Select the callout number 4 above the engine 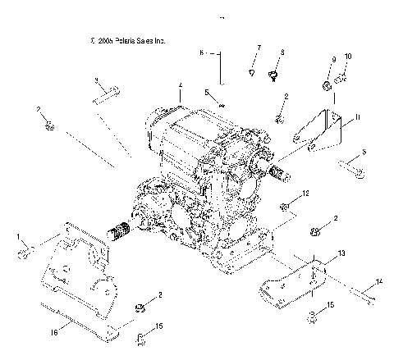point(180,84)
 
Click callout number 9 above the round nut point(333,59)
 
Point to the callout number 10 point(347,56)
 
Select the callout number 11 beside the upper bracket point(357,118)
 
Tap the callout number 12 point(305,194)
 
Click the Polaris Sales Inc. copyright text point(129,39)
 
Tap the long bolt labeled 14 point(359,290)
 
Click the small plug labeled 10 point(343,78)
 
